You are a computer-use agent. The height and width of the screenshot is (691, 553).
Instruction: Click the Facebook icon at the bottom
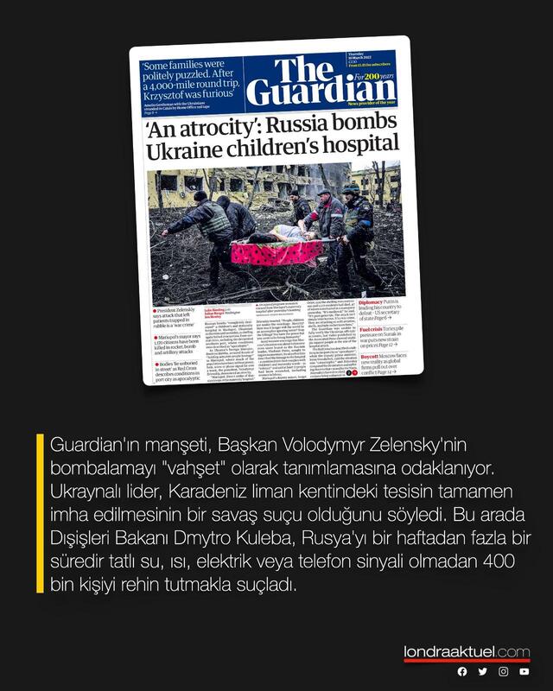click(462, 671)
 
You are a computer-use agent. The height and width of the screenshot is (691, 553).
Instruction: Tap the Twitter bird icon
click(483, 671)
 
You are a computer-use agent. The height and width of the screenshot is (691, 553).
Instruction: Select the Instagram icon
click(504, 671)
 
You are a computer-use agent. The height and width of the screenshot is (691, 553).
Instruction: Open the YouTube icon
click(524, 671)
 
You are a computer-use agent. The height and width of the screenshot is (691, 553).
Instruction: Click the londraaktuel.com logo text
click(467, 651)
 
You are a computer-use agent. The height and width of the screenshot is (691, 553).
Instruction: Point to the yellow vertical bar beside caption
click(40, 513)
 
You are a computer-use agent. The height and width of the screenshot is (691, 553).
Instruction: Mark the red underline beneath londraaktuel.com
click(467, 661)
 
